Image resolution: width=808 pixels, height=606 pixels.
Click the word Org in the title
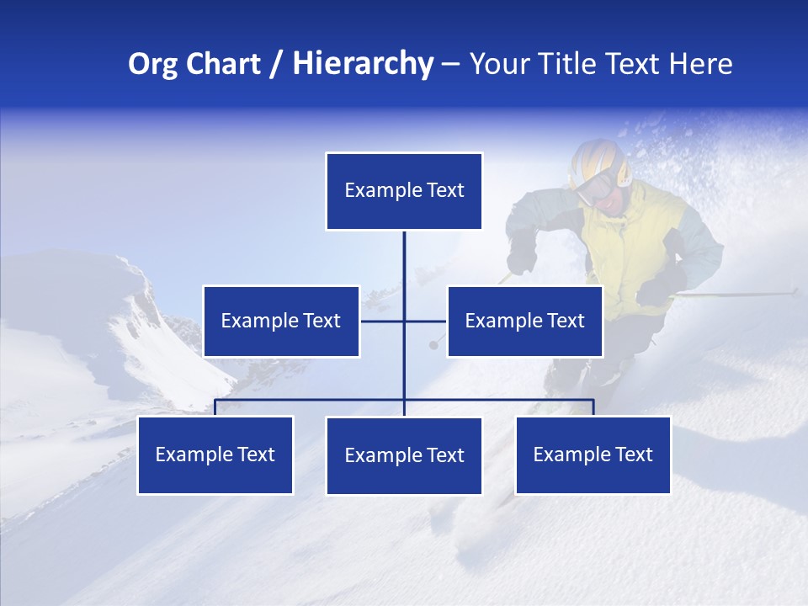(151, 64)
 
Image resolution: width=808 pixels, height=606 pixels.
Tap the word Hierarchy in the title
(363, 64)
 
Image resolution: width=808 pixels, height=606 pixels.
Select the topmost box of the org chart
(404, 191)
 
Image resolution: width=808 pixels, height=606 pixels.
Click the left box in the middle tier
(281, 321)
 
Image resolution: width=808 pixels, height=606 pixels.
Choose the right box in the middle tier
(524, 321)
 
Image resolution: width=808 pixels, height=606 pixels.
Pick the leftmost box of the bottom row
(215, 454)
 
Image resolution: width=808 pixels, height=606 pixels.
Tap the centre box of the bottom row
(404, 455)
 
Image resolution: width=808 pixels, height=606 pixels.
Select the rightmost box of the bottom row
(593, 454)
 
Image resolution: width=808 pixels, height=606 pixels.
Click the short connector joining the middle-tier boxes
(383, 321)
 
